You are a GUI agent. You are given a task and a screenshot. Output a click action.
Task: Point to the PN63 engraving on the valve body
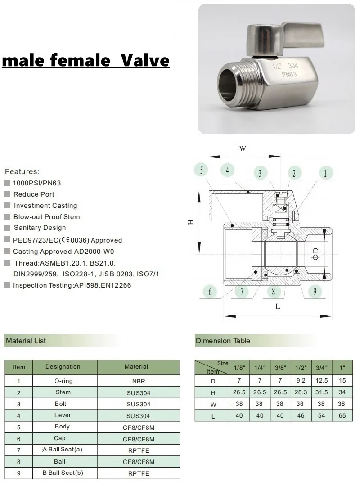289,74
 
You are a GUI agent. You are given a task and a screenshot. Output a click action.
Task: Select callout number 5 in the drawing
201,170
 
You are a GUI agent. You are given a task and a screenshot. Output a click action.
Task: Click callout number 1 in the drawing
325,173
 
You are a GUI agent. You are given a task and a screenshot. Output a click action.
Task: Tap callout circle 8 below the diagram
274,292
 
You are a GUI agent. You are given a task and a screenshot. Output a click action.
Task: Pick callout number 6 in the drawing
210,292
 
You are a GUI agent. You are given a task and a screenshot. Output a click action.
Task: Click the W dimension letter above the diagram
243,148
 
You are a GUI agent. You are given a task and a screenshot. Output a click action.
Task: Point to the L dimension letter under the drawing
278,306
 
